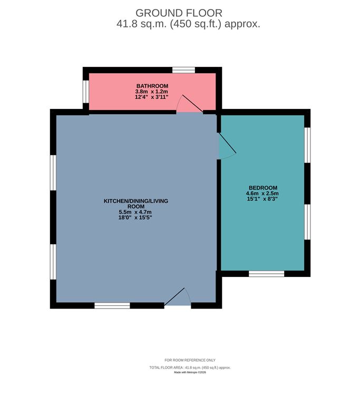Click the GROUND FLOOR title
[x=179, y=13]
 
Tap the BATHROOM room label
[x=152, y=86]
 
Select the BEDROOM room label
[x=263, y=187]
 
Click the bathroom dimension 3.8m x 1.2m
[x=151, y=92]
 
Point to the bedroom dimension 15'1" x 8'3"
[x=262, y=199]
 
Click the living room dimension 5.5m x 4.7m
[x=135, y=212]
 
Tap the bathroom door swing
[x=190, y=104]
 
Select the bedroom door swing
[x=227, y=146]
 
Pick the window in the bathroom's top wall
[x=183, y=70]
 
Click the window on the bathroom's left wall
[x=86, y=92]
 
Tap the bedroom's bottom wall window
[x=267, y=273]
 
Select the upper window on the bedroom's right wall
[x=307, y=145]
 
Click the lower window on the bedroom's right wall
[x=307, y=222]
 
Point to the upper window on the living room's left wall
[x=53, y=173]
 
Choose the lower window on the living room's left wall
[x=53, y=262]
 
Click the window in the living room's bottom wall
[x=112, y=305]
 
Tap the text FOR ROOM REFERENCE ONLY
[x=190, y=360]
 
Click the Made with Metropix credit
[x=190, y=372]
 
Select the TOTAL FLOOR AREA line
[x=190, y=367]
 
